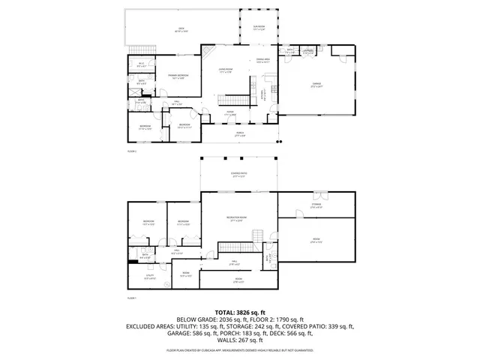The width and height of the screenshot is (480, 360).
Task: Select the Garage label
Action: coord(314,84)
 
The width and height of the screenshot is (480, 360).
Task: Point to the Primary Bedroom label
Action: coord(178,76)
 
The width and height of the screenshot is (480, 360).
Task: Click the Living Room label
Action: coord(226,70)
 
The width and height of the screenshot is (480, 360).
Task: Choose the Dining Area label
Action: coord(262,60)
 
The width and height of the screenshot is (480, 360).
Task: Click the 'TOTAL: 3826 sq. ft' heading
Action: coord(240,311)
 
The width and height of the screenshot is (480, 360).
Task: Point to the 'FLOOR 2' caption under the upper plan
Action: coord(132,151)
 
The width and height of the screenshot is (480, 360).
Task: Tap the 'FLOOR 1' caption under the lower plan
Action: coord(132,298)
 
